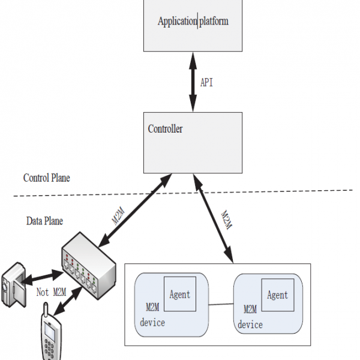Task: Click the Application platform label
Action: [x=193, y=22]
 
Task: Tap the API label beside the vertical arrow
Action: [x=206, y=82]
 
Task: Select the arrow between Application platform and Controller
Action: [x=193, y=82]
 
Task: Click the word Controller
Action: [x=165, y=129]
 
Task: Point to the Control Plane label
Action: [x=47, y=178]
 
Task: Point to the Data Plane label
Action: [x=44, y=221]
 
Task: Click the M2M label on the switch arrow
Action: [x=118, y=216]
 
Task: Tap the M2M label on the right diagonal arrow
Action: [x=227, y=220]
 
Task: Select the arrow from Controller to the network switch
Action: [x=135, y=211]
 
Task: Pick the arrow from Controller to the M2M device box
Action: [x=213, y=218]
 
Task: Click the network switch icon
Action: [x=89, y=266]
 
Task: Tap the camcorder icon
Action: [x=14, y=284]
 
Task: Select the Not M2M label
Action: [x=51, y=292]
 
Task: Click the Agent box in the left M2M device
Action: [x=180, y=294]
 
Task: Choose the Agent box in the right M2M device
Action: [x=278, y=295]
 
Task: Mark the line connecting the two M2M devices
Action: [x=221, y=304]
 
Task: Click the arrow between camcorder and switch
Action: [x=42, y=278]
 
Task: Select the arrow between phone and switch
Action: [x=67, y=301]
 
